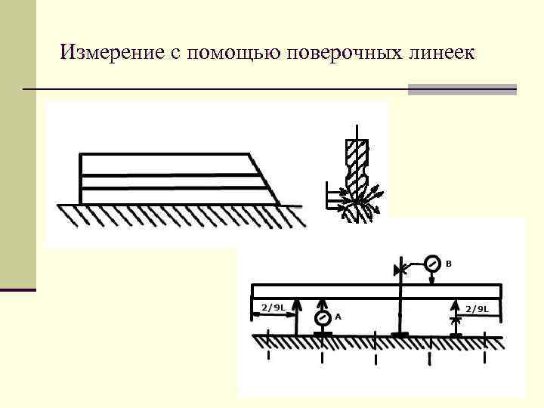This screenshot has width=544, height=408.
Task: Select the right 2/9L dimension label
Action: (x=477, y=308)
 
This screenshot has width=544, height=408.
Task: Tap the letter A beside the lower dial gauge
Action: (x=338, y=317)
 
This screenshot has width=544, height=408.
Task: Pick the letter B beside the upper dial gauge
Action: (x=448, y=264)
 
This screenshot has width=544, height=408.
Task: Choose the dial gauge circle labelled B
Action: (x=431, y=264)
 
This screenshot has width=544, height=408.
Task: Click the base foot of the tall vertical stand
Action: (x=400, y=334)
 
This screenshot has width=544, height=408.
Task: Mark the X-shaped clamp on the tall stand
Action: (x=400, y=268)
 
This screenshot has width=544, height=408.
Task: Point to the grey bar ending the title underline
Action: (x=462, y=89)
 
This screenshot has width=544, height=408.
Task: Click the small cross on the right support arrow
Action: (x=454, y=320)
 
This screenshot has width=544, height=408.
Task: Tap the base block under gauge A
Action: (x=323, y=333)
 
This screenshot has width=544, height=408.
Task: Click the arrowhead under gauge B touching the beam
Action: (x=431, y=280)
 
